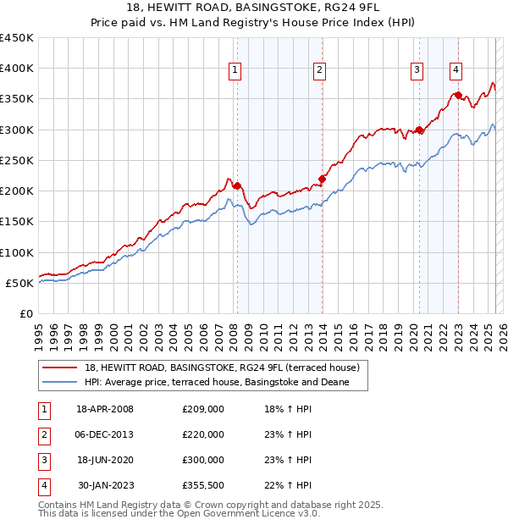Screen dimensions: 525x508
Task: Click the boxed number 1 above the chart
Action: pyautogui.click(x=234, y=70)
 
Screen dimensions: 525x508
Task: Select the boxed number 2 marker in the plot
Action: pyautogui.click(x=319, y=70)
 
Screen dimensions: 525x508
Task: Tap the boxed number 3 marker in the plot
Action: pyautogui.click(x=417, y=70)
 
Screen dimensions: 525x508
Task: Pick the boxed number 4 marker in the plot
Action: pyautogui.click(x=456, y=70)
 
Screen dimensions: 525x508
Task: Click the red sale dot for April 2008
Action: pyautogui.click(x=237, y=185)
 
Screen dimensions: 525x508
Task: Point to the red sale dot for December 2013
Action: pyautogui.click(x=322, y=179)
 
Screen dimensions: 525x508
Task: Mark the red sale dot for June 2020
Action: pyautogui.click(x=419, y=130)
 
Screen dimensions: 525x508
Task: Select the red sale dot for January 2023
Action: pyautogui.click(x=458, y=96)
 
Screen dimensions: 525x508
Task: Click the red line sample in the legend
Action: pyautogui.click(x=59, y=367)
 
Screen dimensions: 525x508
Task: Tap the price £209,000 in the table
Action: pyautogui.click(x=203, y=409)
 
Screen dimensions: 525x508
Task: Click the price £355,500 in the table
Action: pyautogui.click(x=203, y=485)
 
